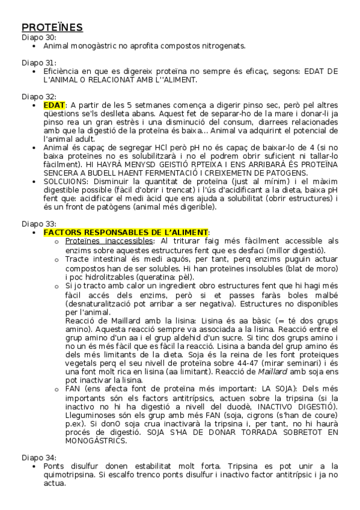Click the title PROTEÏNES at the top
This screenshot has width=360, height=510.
point(52,28)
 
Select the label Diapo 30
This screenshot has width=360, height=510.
point(38,37)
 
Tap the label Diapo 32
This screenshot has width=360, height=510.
point(38,96)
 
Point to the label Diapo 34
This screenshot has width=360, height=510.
point(38,457)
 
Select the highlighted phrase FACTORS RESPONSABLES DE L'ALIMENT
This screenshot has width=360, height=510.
point(126,232)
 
